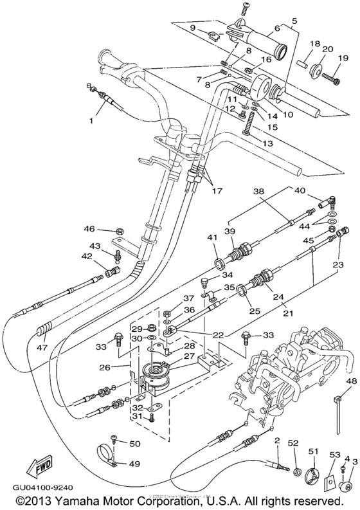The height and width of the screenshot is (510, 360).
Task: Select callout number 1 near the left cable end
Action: point(91,120)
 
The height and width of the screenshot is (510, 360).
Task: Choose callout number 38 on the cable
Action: point(258,191)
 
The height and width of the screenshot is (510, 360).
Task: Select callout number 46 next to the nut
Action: point(89,229)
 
